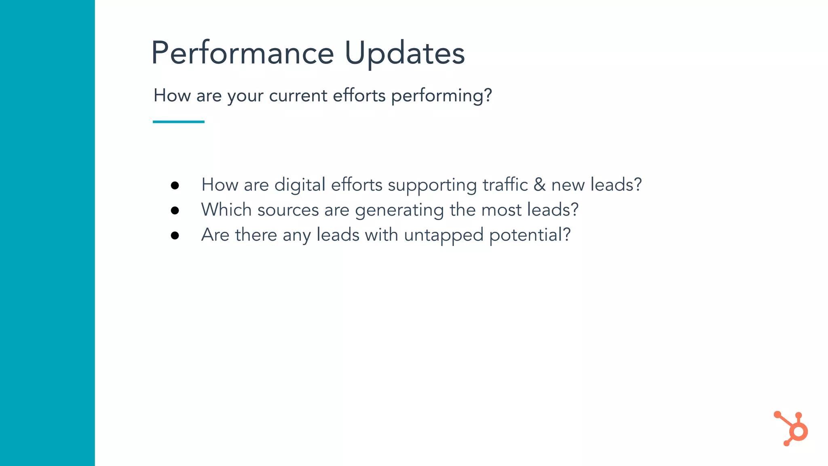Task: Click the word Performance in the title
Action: click(x=243, y=53)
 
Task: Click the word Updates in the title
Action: click(x=405, y=53)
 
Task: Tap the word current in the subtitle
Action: click(x=298, y=96)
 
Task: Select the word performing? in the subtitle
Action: click(x=441, y=96)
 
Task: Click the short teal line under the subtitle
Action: click(x=179, y=122)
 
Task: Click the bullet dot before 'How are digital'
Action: click(x=175, y=185)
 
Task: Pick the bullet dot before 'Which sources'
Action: click(x=175, y=210)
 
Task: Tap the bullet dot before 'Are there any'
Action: click(x=175, y=235)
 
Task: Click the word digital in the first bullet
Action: click(x=300, y=185)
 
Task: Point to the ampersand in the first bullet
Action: click(x=539, y=185)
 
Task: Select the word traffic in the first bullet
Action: click(x=505, y=185)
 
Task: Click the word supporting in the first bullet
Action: click(x=432, y=186)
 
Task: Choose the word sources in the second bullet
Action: click(x=288, y=210)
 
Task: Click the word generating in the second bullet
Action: click(x=399, y=211)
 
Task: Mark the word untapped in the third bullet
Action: click(x=444, y=235)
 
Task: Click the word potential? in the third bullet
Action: click(x=530, y=235)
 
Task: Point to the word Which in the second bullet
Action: click(x=226, y=210)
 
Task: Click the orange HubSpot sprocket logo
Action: click(x=792, y=430)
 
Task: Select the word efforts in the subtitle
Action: click(x=359, y=96)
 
